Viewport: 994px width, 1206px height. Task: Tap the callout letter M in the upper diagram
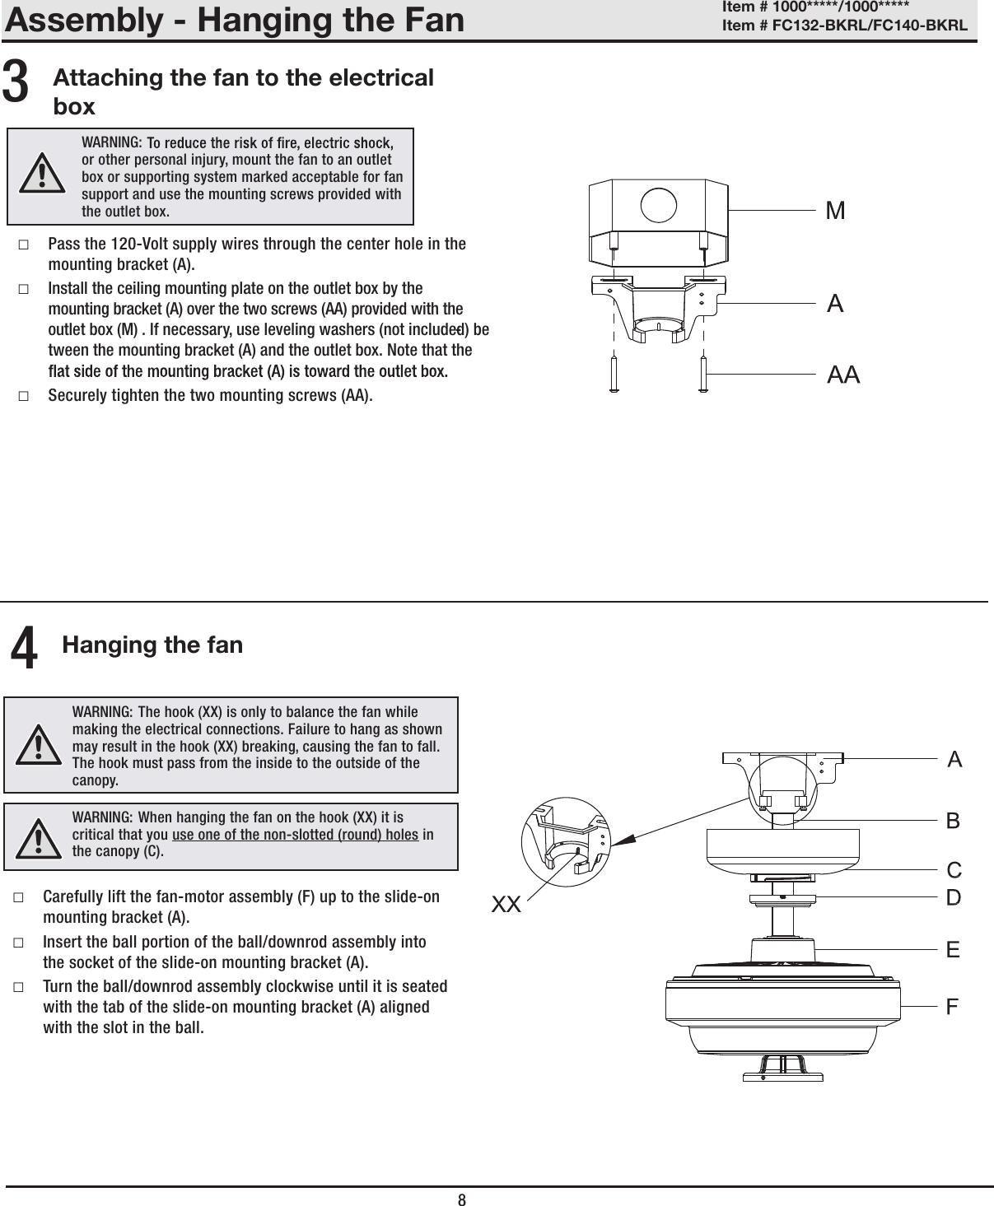(x=835, y=212)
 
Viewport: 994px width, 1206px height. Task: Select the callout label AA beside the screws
(x=842, y=375)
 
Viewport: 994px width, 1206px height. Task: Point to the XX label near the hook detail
(x=506, y=906)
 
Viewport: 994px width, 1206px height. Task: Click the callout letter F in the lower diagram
(x=953, y=1007)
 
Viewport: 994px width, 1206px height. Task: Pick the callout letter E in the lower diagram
(x=953, y=950)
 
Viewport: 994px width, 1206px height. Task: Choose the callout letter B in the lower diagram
(x=953, y=821)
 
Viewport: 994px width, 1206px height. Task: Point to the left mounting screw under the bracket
(x=614, y=375)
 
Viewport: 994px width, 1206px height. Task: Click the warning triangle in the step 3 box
(x=40, y=175)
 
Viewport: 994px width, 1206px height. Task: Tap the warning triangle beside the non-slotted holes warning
(x=40, y=838)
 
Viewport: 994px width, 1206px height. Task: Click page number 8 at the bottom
(x=462, y=1199)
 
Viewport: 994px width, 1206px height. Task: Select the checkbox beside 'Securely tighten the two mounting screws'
(x=23, y=396)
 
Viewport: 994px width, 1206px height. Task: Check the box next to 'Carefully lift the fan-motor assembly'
(x=18, y=896)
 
